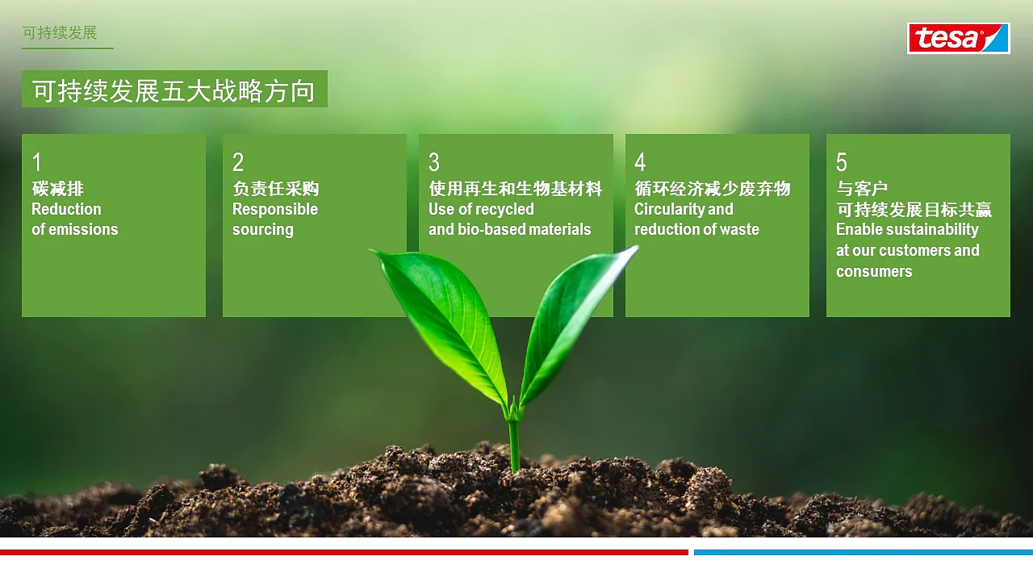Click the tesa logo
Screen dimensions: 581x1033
pyautogui.click(x=958, y=38)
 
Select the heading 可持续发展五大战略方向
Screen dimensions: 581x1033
pyautogui.click(x=174, y=90)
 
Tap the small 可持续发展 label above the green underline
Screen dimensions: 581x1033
pyautogui.click(x=60, y=33)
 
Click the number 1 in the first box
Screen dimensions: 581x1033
pyautogui.click(x=36, y=163)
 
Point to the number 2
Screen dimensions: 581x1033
pyautogui.click(x=238, y=163)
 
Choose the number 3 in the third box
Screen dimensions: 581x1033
pyautogui.click(x=434, y=163)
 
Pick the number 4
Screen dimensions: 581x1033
pyautogui.click(x=640, y=163)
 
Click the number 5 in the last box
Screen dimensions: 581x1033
pyautogui.click(x=842, y=163)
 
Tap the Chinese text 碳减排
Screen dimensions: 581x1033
pyautogui.click(x=57, y=190)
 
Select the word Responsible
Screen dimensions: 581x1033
pyautogui.click(x=275, y=210)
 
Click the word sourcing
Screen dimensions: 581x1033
pyautogui.click(x=262, y=230)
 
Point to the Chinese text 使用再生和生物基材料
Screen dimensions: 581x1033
pyautogui.click(x=515, y=190)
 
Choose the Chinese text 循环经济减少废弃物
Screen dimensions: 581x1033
pyautogui.click(x=713, y=190)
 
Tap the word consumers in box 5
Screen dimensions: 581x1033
pyautogui.click(x=874, y=272)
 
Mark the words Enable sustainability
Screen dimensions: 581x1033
pyautogui.click(x=907, y=230)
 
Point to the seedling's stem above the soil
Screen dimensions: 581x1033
pyautogui.click(x=513, y=444)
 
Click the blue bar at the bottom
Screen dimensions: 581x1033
pyautogui.click(x=863, y=553)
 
